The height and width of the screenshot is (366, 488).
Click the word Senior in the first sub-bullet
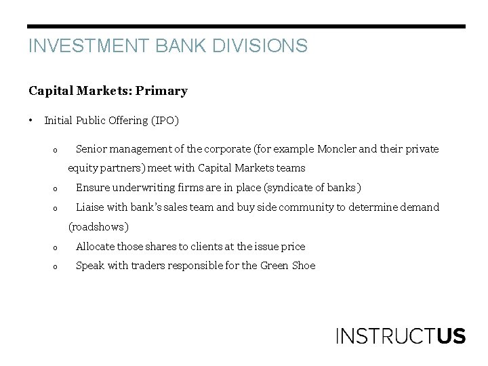91,148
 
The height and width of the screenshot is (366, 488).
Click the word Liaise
90,207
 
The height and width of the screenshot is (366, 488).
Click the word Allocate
95,246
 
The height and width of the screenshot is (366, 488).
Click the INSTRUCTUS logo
401,335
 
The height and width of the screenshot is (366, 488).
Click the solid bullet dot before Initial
31,121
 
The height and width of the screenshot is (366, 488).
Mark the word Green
274,266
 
